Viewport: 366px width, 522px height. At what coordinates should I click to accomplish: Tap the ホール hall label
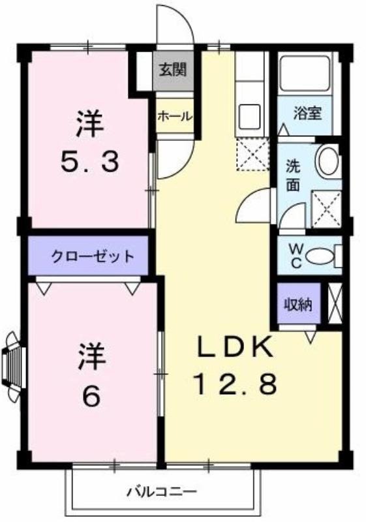[x=174, y=116]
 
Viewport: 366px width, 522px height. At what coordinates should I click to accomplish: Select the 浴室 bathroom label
[x=307, y=112]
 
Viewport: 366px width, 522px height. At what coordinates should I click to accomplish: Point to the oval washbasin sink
[x=327, y=160]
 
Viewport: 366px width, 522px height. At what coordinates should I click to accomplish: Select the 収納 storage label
[x=299, y=304]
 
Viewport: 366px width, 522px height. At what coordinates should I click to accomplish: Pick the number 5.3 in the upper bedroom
[x=89, y=161]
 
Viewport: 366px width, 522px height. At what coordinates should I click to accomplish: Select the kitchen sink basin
[x=249, y=116]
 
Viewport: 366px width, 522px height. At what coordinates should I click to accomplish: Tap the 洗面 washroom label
[x=293, y=175]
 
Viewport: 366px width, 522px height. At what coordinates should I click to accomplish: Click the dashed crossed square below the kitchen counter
[x=251, y=154]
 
